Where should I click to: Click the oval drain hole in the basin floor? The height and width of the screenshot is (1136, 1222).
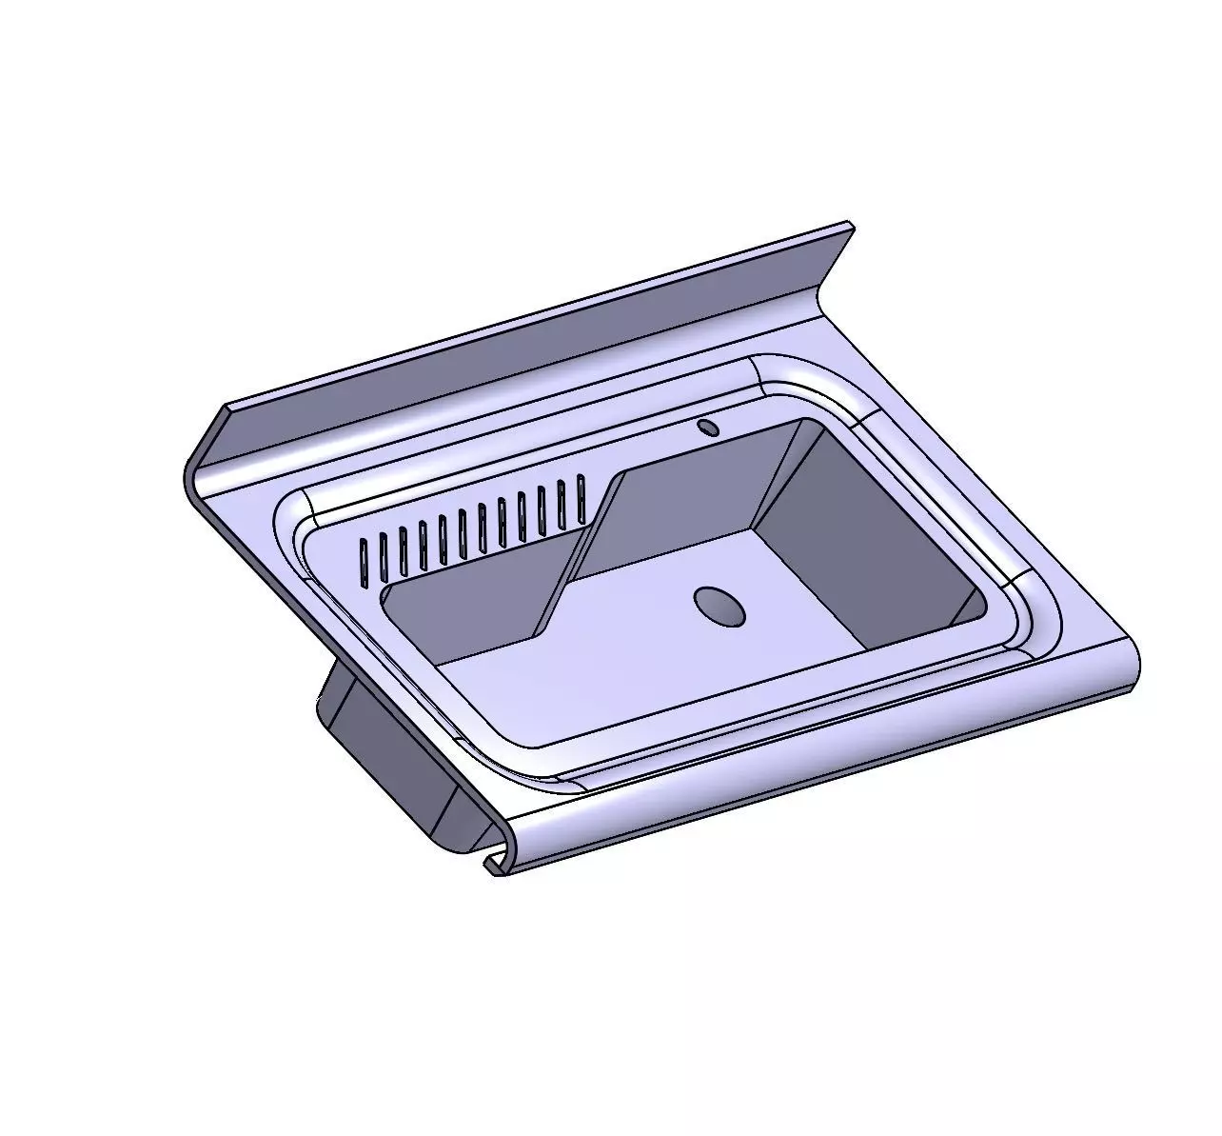pyautogui.click(x=719, y=606)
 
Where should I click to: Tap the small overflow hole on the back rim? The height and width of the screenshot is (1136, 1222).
pyautogui.click(x=707, y=427)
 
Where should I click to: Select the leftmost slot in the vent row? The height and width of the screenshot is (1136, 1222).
pyautogui.click(x=363, y=561)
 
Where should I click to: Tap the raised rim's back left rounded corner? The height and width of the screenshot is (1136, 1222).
pyautogui.click(x=295, y=514)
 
